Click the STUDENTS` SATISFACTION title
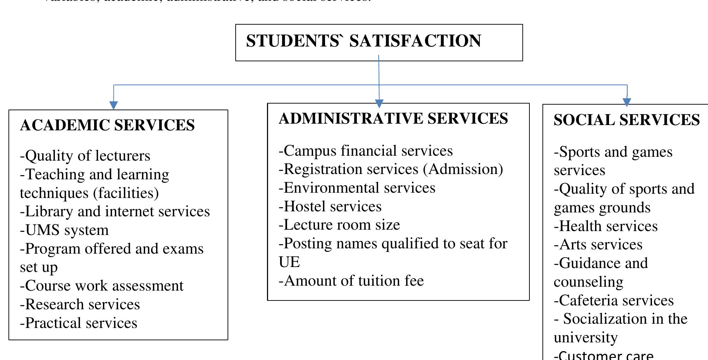[x=364, y=41]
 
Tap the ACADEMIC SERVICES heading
[x=107, y=125]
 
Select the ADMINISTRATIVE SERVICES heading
[x=393, y=119]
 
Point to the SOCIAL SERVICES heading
[x=627, y=120]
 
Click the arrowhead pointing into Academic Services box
[x=113, y=105]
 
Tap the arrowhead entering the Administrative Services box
[x=379, y=104]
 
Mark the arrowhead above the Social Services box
[x=627, y=102]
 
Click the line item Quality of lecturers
[x=85, y=156]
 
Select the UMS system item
[x=64, y=230]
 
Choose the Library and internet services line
[x=115, y=212]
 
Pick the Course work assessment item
[x=102, y=286]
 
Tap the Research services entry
[x=80, y=305]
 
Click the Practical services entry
[x=79, y=323]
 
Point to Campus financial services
[x=366, y=151]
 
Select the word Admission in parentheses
[x=463, y=169]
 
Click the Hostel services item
[x=330, y=207]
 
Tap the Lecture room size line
[x=339, y=225]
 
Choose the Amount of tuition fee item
[x=351, y=281]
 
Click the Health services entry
[x=605, y=226]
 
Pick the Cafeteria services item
[x=614, y=301]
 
